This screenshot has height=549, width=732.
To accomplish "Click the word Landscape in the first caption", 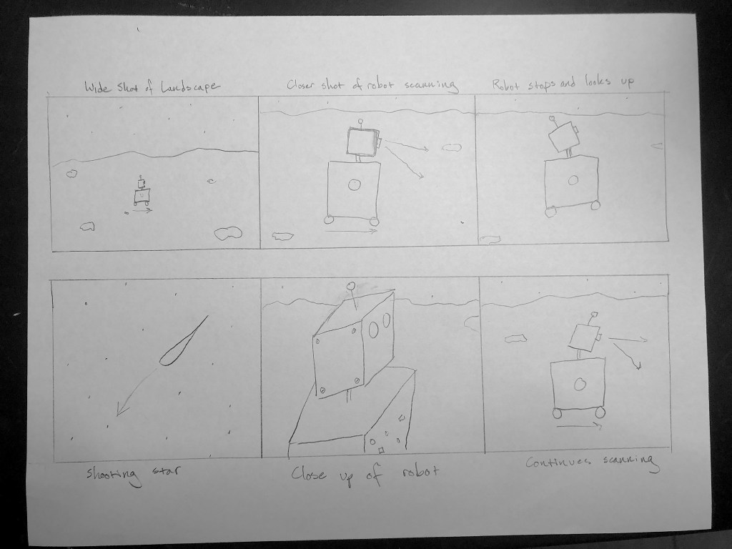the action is (x=188, y=86).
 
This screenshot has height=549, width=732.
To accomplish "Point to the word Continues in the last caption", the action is (x=558, y=463).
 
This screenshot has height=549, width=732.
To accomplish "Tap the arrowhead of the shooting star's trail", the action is (x=122, y=410).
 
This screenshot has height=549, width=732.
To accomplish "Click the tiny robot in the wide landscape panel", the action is (x=142, y=191).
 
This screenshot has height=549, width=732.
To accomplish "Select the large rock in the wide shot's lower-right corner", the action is (x=228, y=234).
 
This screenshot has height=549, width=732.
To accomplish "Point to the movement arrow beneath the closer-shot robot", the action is (x=351, y=231).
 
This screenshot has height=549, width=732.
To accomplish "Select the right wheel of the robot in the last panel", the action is (x=600, y=412).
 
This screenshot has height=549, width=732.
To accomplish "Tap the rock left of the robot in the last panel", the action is (x=515, y=338).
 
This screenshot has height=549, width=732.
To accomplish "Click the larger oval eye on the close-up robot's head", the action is (x=373, y=330).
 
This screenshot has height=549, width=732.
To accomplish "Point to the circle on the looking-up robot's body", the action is (x=573, y=180).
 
